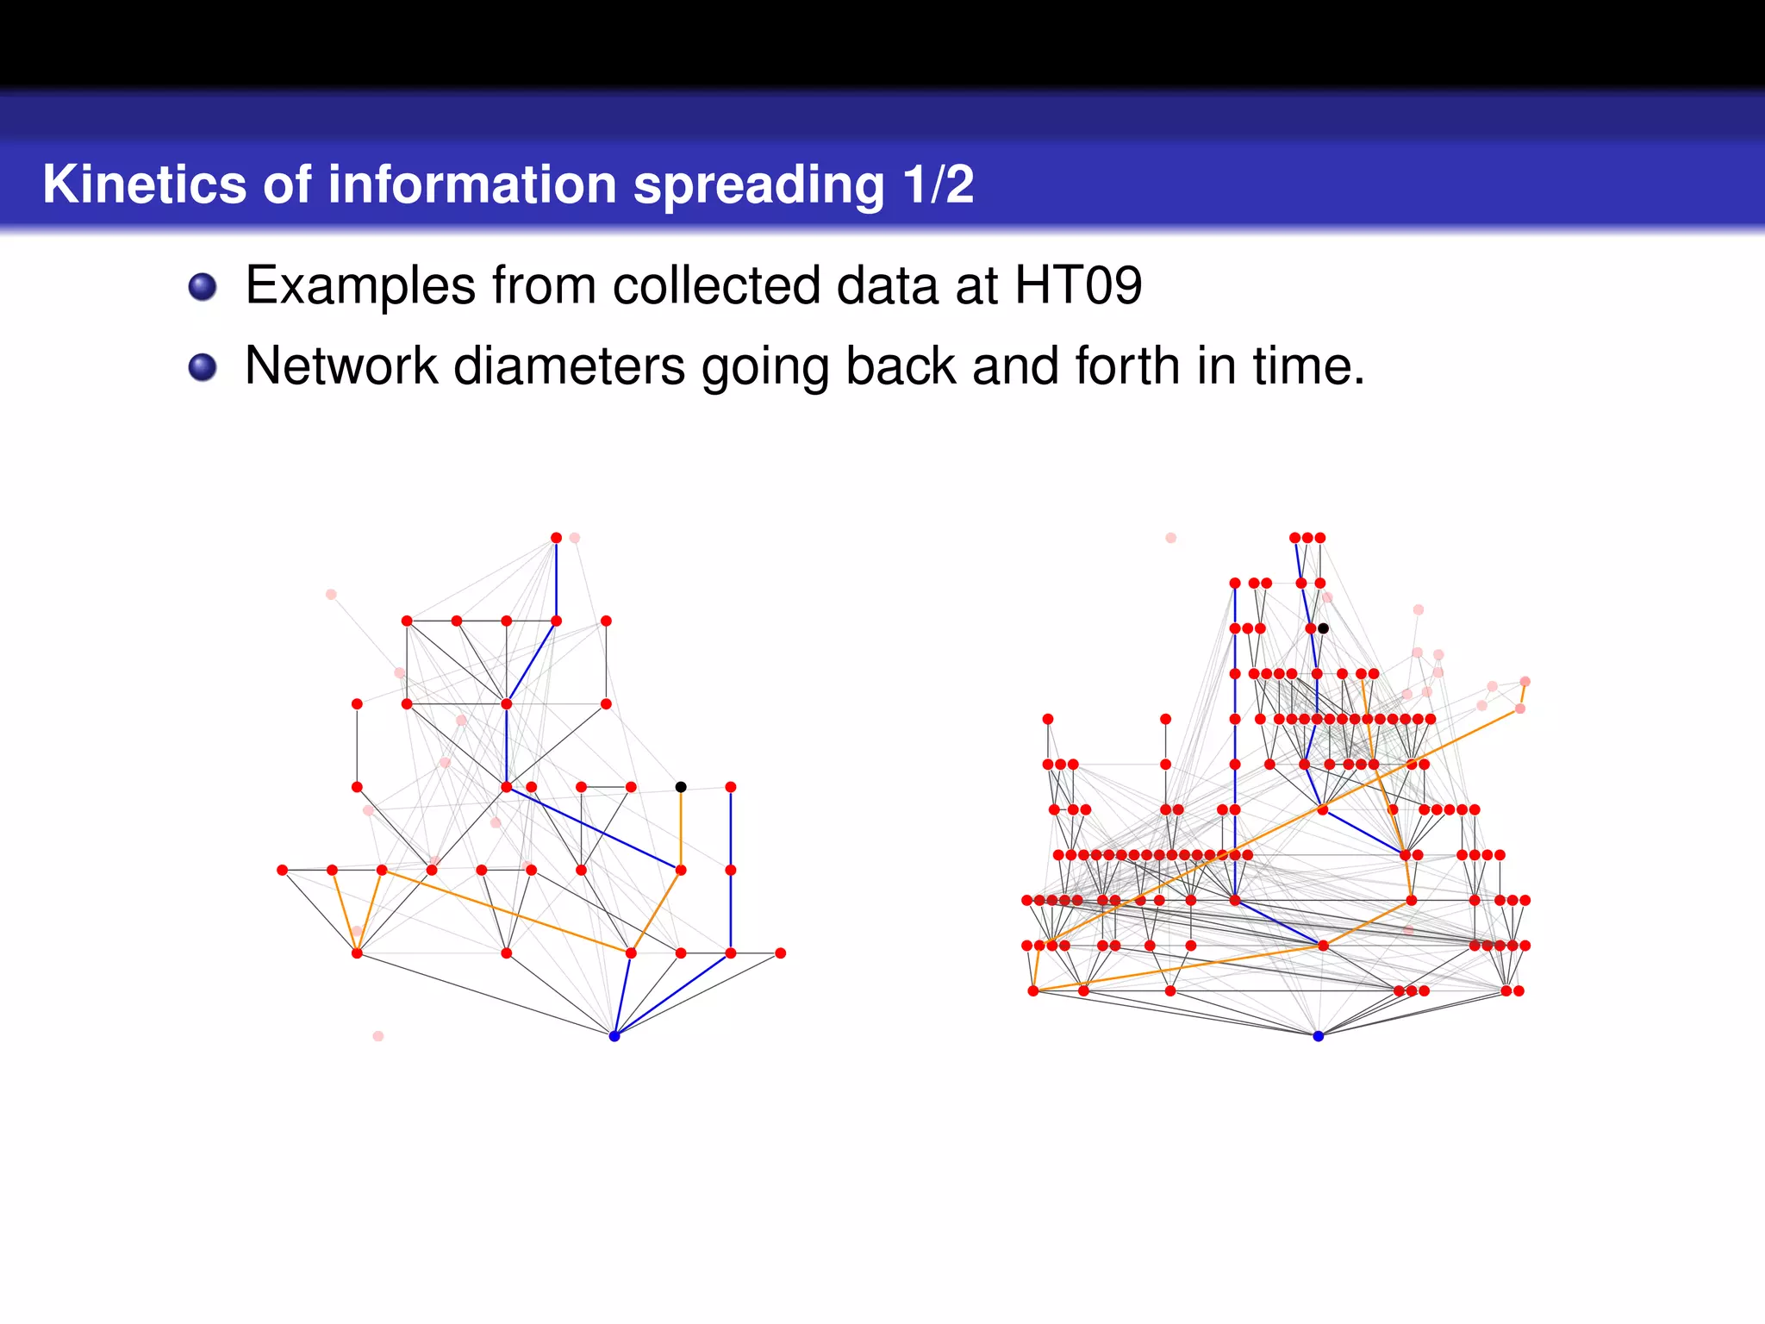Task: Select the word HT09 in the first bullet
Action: [x=1078, y=285]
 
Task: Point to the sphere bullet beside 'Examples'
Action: [x=203, y=287]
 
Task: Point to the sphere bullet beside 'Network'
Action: [x=203, y=367]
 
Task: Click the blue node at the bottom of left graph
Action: [x=614, y=1036]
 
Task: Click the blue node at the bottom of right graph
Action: [x=1318, y=1036]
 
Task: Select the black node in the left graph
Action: [x=681, y=787]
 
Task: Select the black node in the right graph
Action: [x=1323, y=628]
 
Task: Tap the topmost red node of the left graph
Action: [x=557, y=538]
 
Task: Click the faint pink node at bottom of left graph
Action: [x=378, y=1036]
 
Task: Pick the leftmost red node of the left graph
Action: [x=282, y=871]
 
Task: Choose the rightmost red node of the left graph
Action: [x=781, y=953]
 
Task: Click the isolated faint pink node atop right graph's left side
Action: [x=1170, y=538]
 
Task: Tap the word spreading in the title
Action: [x=758, y=184]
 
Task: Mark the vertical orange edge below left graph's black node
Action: [x=681, y=827]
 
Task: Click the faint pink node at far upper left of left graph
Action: [x=331, y=595]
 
